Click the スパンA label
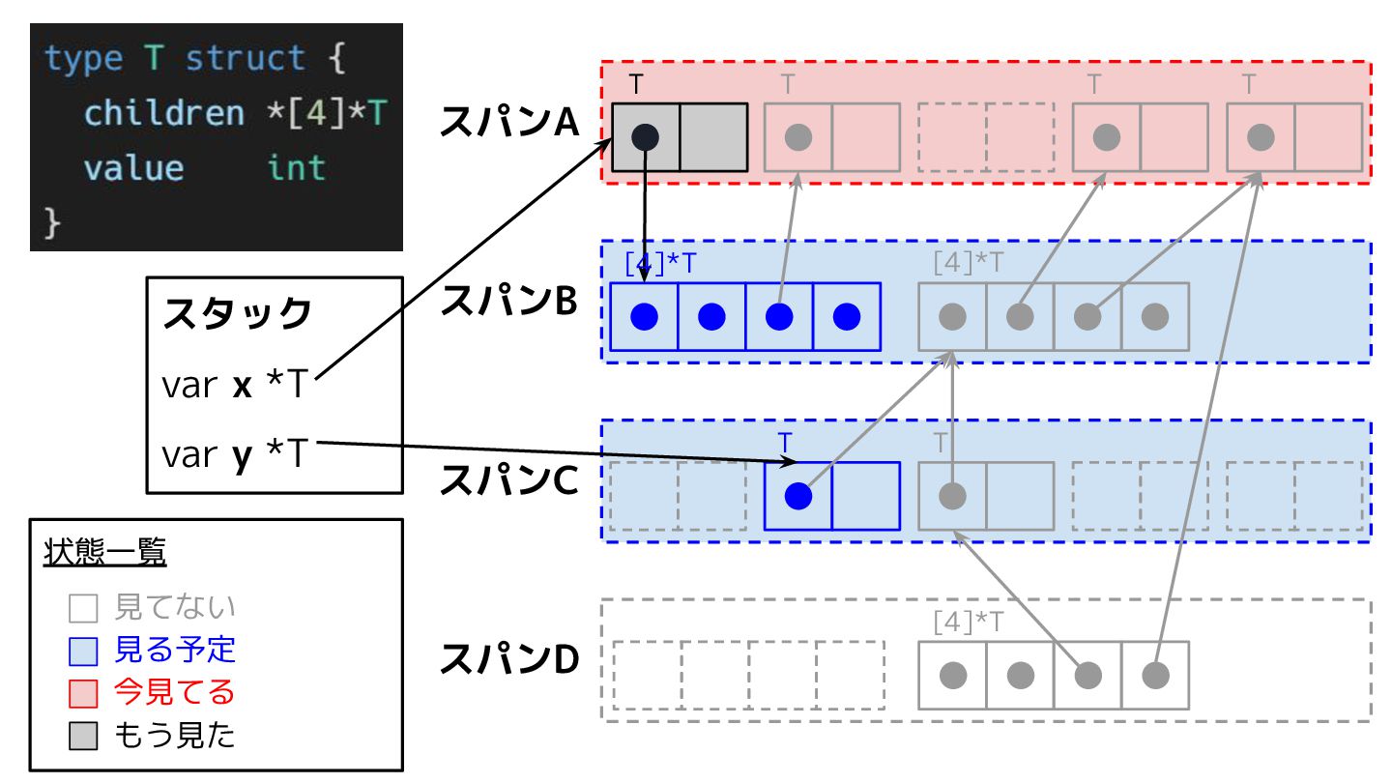pyautogui.click(x=509, y=123)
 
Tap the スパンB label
pyautogui.click(x=509, y=302)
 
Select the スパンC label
pyautogui.click(x=509, y=480)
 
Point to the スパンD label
pyautogui.click(x=509, y=659)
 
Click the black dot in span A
pyautogui.click(x=646, y=137)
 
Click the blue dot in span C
pyautogui.click(x=797, y=496)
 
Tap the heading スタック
pyautogui.click(x=238, y=314)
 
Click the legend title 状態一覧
pyautogui.click(x=105, y=553)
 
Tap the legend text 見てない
pyautogui.click(x=175, y=607)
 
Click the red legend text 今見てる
pyautogui.click(x=175, y=692)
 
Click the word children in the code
pyautogui.click(x=164, y=114)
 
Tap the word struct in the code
pyautogui.click(x=246, y=59)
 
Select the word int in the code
pyautogui.click(x=297, y=168)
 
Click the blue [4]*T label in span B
pyautogui.click(x=660, y=263)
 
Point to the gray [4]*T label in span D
pyautogui.click(x=969, y=621)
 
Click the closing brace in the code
pyautogui.click(x=53, y=223)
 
